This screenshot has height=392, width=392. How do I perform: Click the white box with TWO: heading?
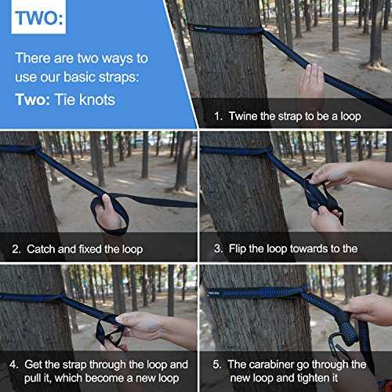(38, 16)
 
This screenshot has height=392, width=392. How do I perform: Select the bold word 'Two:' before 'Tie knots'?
(33, 100)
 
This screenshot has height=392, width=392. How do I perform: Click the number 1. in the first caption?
(218, 116)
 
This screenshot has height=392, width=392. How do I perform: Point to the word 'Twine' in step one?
(243, 116)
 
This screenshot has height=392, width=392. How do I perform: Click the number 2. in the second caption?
(16, 249)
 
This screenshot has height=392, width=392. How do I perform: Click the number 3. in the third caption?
(218, 249)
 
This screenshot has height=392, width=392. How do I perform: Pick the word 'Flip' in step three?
(238, 249)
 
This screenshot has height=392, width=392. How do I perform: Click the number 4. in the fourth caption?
(14, 365)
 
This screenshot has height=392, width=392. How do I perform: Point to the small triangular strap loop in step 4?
(110, 333)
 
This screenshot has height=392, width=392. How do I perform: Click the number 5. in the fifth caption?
(217, 365)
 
